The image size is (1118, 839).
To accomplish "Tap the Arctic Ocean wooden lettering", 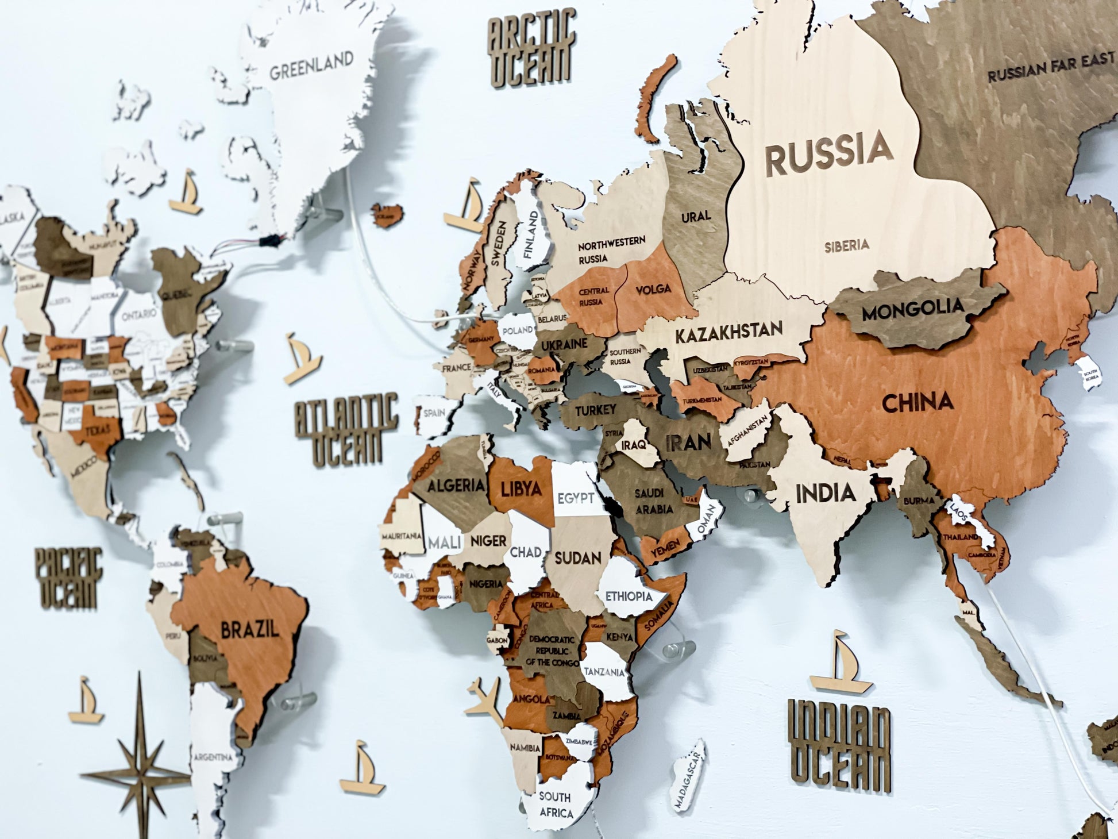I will click(531, 49).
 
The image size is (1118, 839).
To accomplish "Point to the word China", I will click(917, 403).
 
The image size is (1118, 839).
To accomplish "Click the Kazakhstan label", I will click(728, 332).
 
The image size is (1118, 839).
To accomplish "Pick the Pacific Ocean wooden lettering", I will click(68, 578).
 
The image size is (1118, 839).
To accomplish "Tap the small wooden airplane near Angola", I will click(485, 702).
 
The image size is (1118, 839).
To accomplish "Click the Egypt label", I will click(575, 498).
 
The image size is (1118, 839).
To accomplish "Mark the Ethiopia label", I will click(629, 596).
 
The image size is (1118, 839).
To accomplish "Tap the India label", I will click(825, 493).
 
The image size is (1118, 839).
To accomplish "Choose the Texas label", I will click(99, 430).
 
